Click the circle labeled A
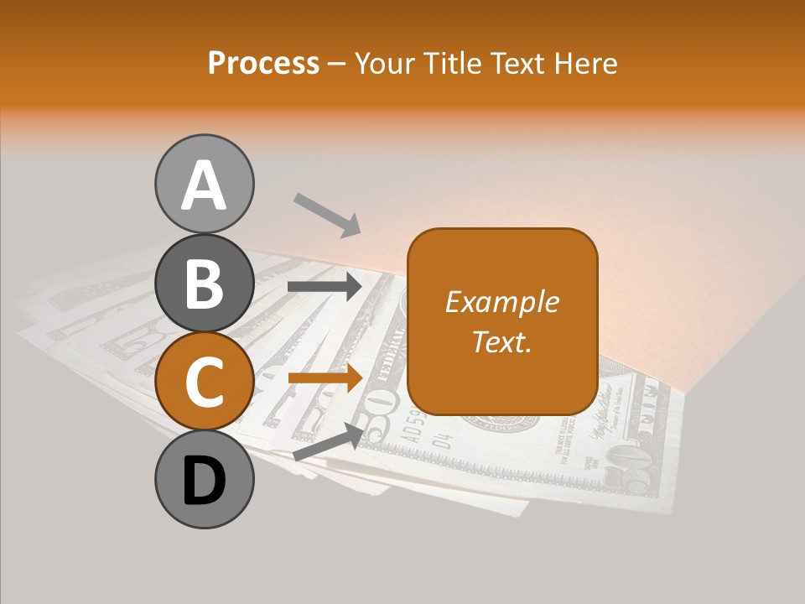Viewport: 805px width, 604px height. [204, 184]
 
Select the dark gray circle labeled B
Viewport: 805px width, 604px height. [204, 284]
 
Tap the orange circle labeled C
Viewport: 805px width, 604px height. [204, 383]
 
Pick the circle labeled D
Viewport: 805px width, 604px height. [204, 479]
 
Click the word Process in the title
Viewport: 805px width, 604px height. [263, 64]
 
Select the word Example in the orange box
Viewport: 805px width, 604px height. [501, 302]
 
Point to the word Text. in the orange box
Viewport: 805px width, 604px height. [501, 341]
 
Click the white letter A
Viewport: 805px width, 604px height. [204, 185]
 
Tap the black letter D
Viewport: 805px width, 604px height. [204, 481]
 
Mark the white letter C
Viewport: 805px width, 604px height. [204, 383]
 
